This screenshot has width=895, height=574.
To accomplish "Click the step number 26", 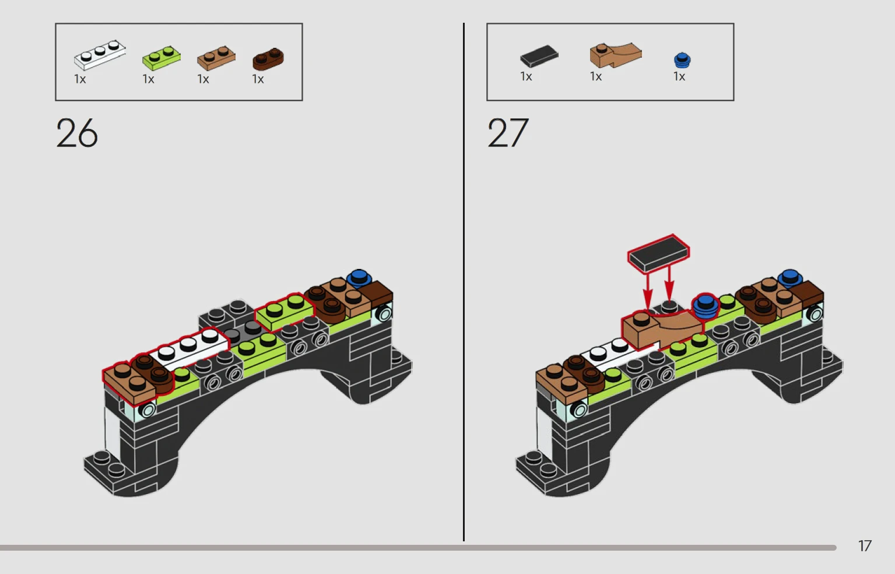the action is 77,133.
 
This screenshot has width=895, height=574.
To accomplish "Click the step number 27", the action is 508,133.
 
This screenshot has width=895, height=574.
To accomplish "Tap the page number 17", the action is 865,546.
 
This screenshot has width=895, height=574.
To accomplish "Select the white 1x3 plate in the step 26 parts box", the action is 100,55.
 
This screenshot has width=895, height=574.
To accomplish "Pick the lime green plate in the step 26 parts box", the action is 162,58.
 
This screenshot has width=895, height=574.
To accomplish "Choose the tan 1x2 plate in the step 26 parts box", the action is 216,58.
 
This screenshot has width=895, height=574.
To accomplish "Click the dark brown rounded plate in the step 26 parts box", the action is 268,59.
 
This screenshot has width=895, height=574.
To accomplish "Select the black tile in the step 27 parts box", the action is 539,56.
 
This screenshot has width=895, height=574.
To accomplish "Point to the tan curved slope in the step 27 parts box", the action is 616,55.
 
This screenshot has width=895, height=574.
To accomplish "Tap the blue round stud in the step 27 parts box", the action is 682,60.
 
